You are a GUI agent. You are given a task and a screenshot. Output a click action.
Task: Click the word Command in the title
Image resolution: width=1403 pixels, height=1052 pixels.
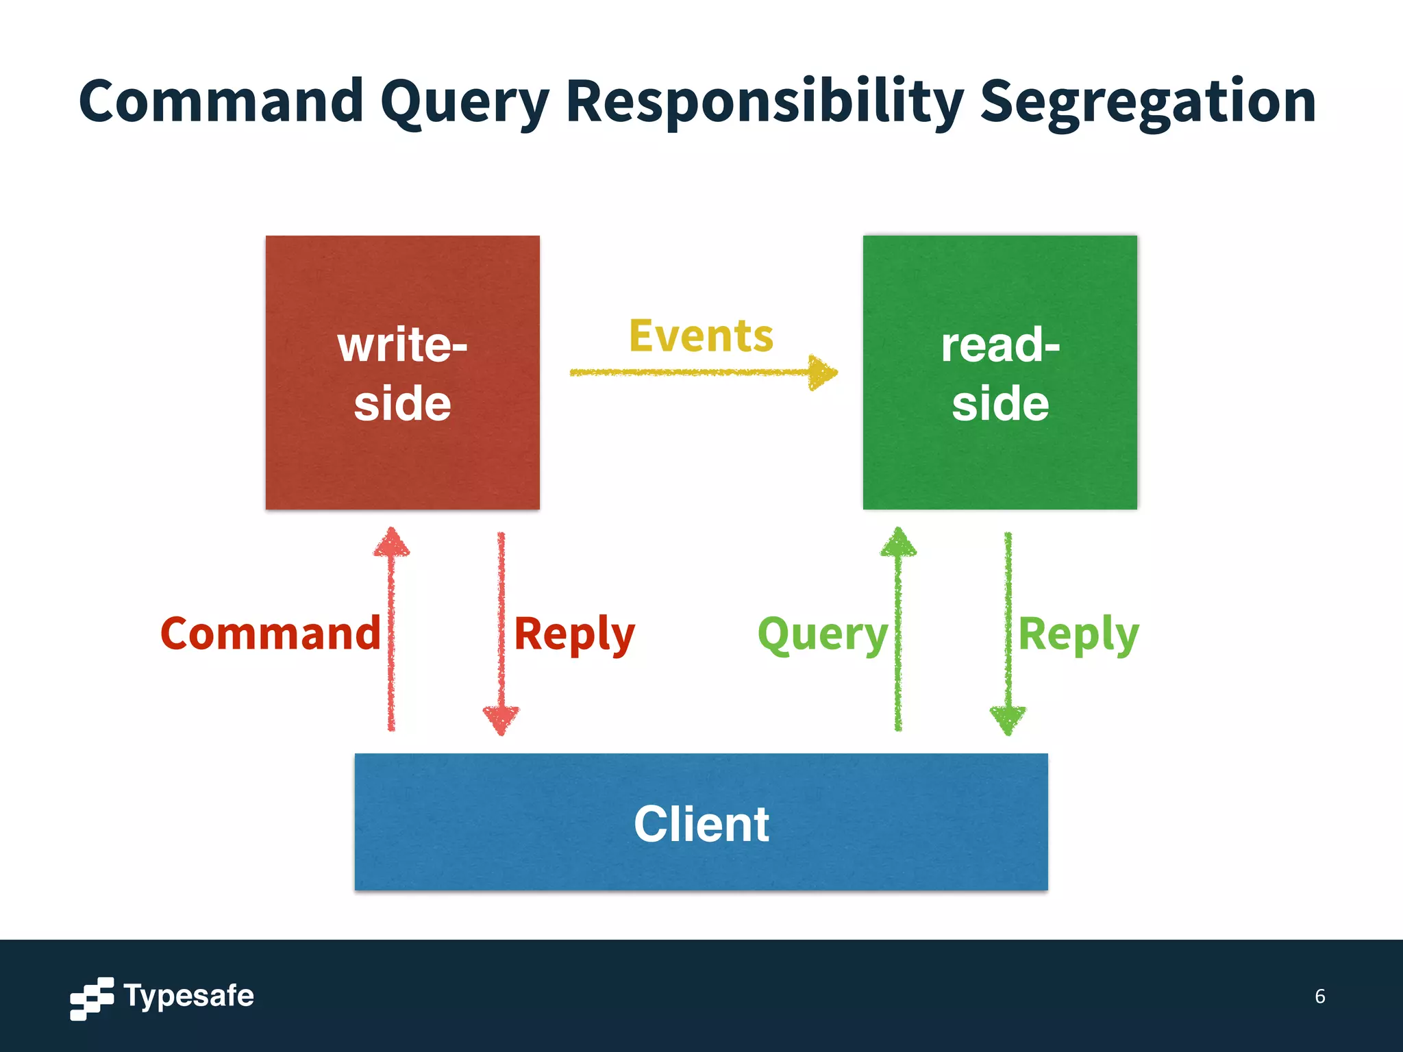(221, 101)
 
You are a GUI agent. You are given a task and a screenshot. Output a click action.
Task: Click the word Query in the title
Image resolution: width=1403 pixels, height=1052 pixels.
(464, 103)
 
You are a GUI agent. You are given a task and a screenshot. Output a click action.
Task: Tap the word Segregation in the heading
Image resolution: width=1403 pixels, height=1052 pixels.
(1147, 103)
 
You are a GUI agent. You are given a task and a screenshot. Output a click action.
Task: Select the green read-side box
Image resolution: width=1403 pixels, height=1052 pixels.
(1000, 452)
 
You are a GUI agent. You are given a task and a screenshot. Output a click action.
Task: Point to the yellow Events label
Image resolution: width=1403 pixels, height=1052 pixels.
(701, 336)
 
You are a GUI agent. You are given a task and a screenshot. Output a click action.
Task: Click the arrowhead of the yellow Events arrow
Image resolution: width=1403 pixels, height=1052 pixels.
(822, 373)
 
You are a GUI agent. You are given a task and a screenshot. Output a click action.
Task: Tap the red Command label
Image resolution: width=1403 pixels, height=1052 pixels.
(270, 634)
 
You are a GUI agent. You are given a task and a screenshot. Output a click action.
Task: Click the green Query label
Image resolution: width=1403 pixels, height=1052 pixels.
(822, 636)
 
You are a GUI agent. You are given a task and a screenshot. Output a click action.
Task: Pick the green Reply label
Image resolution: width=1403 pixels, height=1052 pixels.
(1078, 635)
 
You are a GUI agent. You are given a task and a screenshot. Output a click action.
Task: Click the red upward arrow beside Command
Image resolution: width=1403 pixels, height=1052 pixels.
(391, 630)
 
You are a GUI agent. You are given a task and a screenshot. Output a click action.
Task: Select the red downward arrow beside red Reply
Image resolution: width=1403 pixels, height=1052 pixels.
(501, 630)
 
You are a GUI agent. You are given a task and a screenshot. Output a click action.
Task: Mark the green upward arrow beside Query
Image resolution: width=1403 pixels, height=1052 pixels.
(898, 630)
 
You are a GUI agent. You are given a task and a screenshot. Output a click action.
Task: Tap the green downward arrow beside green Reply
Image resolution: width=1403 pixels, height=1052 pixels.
(1008, 630)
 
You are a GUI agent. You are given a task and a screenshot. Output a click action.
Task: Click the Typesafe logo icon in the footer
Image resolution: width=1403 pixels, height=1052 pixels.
(92, 999)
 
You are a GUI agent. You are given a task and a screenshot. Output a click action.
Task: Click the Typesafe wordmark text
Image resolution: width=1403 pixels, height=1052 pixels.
(188, 996)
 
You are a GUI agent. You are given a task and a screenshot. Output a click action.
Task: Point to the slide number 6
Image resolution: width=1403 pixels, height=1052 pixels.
(1319, 996)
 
